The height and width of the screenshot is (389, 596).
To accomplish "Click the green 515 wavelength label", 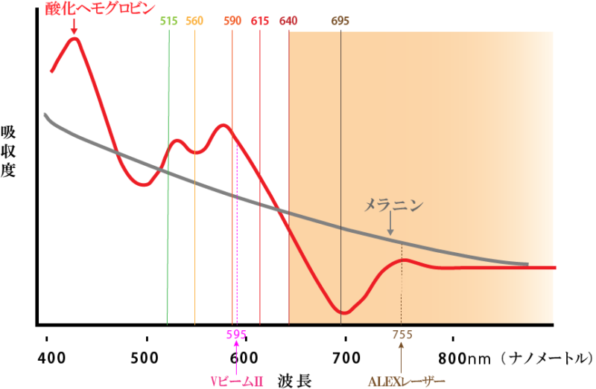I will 168,20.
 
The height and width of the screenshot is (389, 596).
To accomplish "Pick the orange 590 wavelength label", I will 232,20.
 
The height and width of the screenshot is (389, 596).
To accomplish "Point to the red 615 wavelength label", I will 259,20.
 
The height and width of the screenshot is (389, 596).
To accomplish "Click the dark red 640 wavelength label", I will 288,20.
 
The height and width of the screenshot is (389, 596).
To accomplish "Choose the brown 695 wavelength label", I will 340,20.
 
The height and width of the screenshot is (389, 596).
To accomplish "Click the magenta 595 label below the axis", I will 236,334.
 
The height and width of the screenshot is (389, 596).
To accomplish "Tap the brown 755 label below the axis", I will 402,334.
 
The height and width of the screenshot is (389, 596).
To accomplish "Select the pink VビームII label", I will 236,381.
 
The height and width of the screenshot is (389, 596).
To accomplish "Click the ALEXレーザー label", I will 401,381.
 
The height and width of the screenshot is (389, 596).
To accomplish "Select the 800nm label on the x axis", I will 463,358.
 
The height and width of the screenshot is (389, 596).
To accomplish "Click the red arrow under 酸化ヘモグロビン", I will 73,27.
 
